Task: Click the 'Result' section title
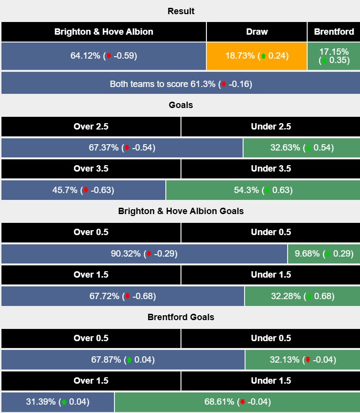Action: [180, 11]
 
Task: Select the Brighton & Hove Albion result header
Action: [104, 32]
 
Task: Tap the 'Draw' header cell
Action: [257, 32]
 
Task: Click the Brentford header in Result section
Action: [334, 32]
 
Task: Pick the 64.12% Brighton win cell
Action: [104, 56]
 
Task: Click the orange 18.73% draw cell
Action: [257, 56]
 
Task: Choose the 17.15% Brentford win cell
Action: [334, 56]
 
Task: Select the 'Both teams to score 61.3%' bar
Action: [180, 84]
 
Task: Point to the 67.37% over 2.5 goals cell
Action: [122, 148]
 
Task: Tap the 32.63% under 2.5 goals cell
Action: [301, 148]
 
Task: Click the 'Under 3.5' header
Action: [270, 169]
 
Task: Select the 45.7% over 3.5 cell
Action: [83, 190]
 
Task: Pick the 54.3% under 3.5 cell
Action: [263, 190]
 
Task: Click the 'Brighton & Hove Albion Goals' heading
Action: [180, 211]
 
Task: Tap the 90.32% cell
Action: [144, 254]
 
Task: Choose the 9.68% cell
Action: [323, 254]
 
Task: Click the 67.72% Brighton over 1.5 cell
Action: [123, 296]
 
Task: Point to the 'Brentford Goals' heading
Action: [180, 317]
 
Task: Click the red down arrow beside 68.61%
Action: [242, 402]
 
